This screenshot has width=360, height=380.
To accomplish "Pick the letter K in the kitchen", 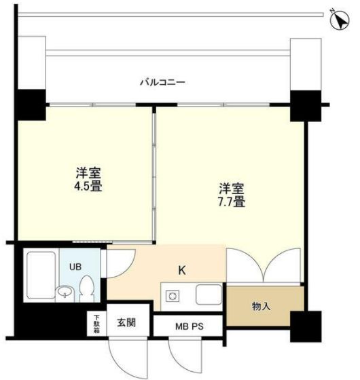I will click(x=181, y=270).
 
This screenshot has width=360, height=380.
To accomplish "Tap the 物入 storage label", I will click(x=262, y=307).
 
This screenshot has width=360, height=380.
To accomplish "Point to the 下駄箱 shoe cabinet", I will click(x=96, y=323).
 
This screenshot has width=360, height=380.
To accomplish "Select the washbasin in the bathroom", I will click(x=64, y=292).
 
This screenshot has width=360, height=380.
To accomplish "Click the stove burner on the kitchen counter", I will click(x=172, y=296).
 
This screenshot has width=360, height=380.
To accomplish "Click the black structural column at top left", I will click(x=31, y=103).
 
